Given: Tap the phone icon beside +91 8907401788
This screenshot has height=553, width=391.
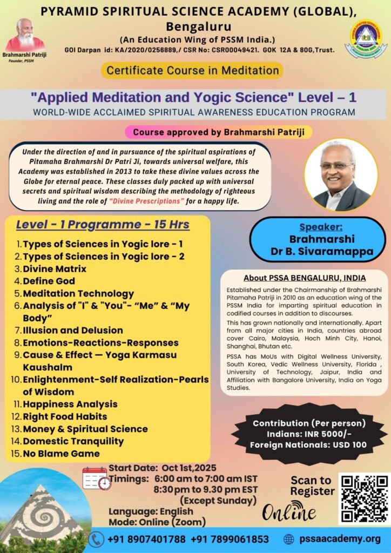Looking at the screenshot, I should [x=96, y=539].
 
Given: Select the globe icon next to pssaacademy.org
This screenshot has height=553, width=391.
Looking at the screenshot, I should [x=289, y=539].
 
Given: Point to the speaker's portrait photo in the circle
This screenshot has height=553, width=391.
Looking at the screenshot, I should [x=341, y=175].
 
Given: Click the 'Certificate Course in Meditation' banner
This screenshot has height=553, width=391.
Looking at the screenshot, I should [x=192, y=70].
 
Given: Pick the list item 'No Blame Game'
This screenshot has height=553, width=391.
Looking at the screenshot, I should [x=61, y=454].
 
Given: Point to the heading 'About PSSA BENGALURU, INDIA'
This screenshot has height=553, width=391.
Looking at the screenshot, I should [x=305, y=278].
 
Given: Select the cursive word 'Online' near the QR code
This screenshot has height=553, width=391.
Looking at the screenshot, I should [x=289, y=510].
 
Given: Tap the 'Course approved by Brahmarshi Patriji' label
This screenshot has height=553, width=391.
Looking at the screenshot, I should [x=218, y=132].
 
